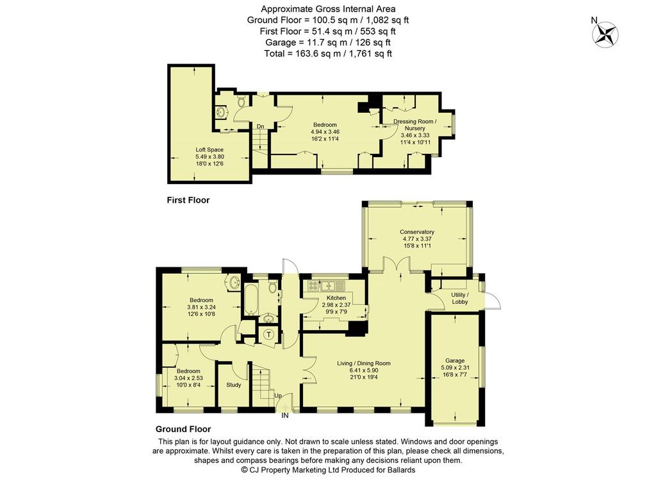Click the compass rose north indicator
click(605, 33)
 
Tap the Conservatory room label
click(416, 231)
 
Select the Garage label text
click(455, 360)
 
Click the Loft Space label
click(209, 149)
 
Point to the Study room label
click(233, 385)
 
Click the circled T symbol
click(270, 334)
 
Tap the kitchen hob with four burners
click(313, 285)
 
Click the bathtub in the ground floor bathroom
click(250, 300)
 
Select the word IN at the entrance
click(285, 416)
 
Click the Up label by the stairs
click(278, 396)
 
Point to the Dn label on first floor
click(260, 126)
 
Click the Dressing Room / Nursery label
click(415, 125)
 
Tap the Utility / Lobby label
click(460, 298)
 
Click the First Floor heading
click(188, 200)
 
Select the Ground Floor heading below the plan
click(183, 429)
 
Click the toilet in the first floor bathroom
click(241, 101)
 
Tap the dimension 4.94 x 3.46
click(325, 131)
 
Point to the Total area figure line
click(328, 54)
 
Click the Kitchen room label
click(336, 297)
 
